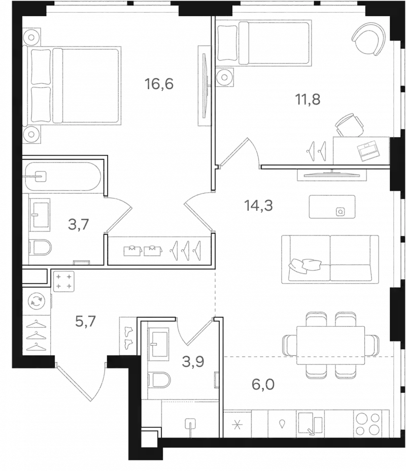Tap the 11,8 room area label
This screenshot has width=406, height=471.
click(x=308, y=99)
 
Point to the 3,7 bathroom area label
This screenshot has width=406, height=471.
click(x=79, y=224)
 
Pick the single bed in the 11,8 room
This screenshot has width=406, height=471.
click(x=264, y=43)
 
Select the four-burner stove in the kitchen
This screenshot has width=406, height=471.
click(x=367, y=423)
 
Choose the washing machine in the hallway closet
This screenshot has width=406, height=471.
click(x=37, y=301)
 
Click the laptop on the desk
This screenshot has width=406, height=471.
click(x=367, y=150)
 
